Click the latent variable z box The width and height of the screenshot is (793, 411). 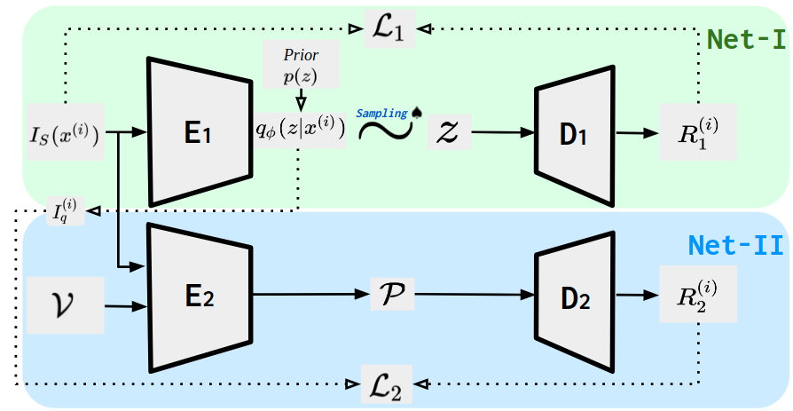click(x=448, y=132)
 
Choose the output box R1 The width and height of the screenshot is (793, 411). click(x=697, y=133)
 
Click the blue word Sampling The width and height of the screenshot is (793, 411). click(x=381, y=114)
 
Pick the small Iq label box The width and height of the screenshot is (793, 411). click(x=66, y=211)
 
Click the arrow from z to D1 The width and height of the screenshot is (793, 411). click(x=501, y=133)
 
